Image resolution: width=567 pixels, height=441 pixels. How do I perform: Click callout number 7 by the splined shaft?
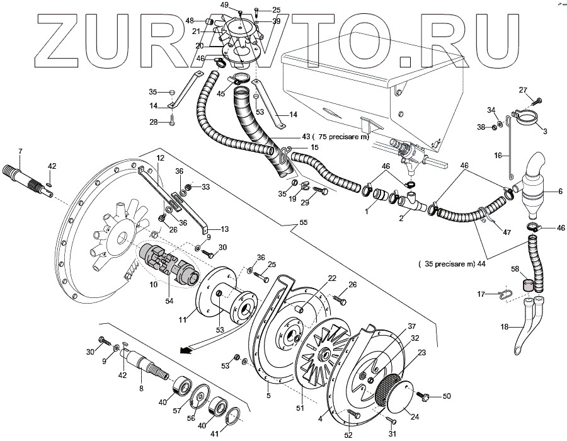click(20, 152)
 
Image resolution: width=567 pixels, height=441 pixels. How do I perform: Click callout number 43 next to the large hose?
click(288, 137)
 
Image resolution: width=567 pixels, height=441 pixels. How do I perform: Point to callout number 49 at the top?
click(224, 5)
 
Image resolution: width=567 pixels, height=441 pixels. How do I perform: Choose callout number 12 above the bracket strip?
click(161, 157)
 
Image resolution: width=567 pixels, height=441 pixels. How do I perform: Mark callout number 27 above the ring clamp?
click(523, 90)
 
